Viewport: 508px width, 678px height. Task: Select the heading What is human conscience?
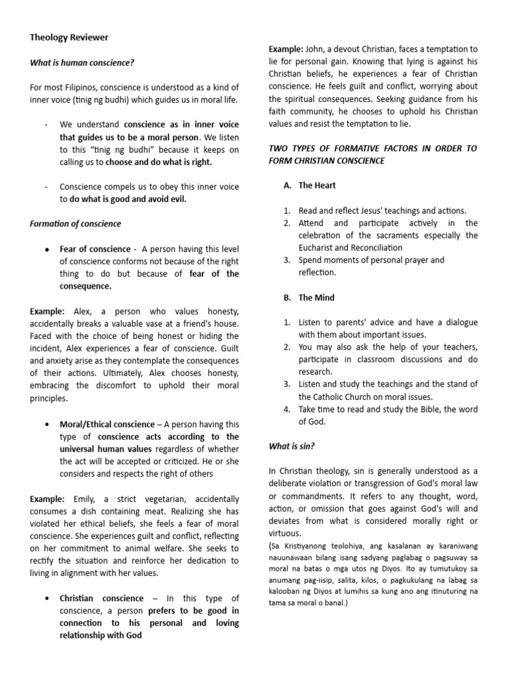tap(82, 63)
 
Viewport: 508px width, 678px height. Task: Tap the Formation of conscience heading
tap(75, 224)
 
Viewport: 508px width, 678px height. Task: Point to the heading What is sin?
tap(291, 446)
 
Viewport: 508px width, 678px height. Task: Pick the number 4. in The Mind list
tap(287, 409)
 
